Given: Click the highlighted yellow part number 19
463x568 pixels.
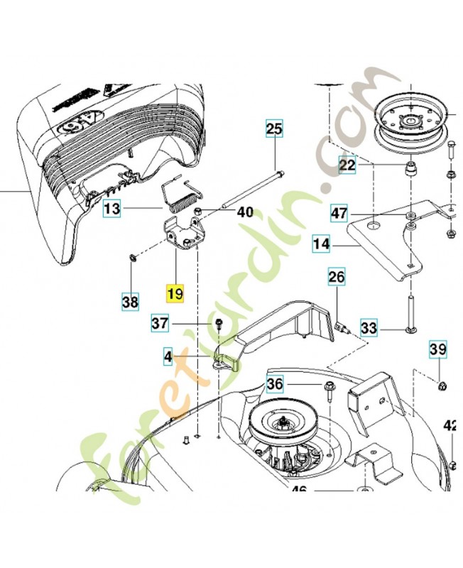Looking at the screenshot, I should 175,293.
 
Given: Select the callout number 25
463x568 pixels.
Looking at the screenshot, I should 274,129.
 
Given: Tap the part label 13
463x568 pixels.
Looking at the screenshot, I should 112,208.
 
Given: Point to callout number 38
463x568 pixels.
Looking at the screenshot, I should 130,302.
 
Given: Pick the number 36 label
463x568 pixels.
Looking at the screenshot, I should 274,385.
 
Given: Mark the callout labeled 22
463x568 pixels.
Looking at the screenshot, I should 347,165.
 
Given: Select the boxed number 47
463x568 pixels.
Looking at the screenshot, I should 339,212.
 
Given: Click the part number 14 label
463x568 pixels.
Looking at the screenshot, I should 321,245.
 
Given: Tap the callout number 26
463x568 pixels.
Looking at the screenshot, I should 336,277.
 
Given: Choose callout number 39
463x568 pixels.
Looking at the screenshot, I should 437,349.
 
